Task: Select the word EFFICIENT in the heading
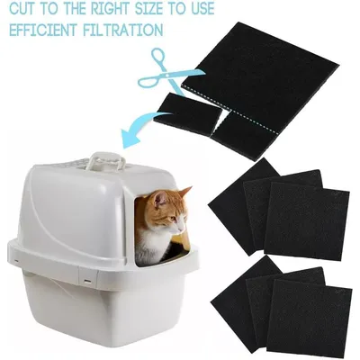(x=44, y=30)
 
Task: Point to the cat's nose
(x=182, y=229)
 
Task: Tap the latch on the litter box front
(x=87, y=274)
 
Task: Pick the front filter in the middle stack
(x=307, y=221)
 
